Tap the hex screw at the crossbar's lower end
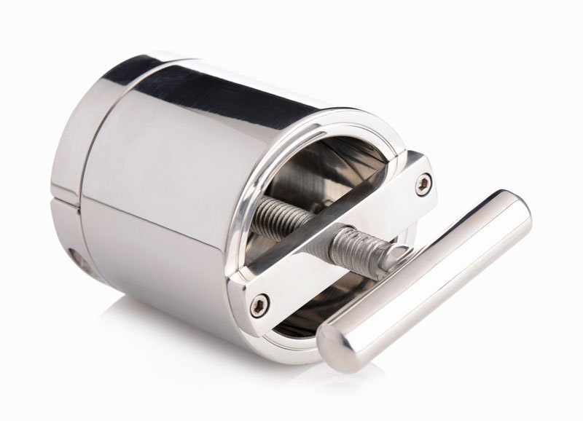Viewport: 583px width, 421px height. [x=256, y=306]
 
